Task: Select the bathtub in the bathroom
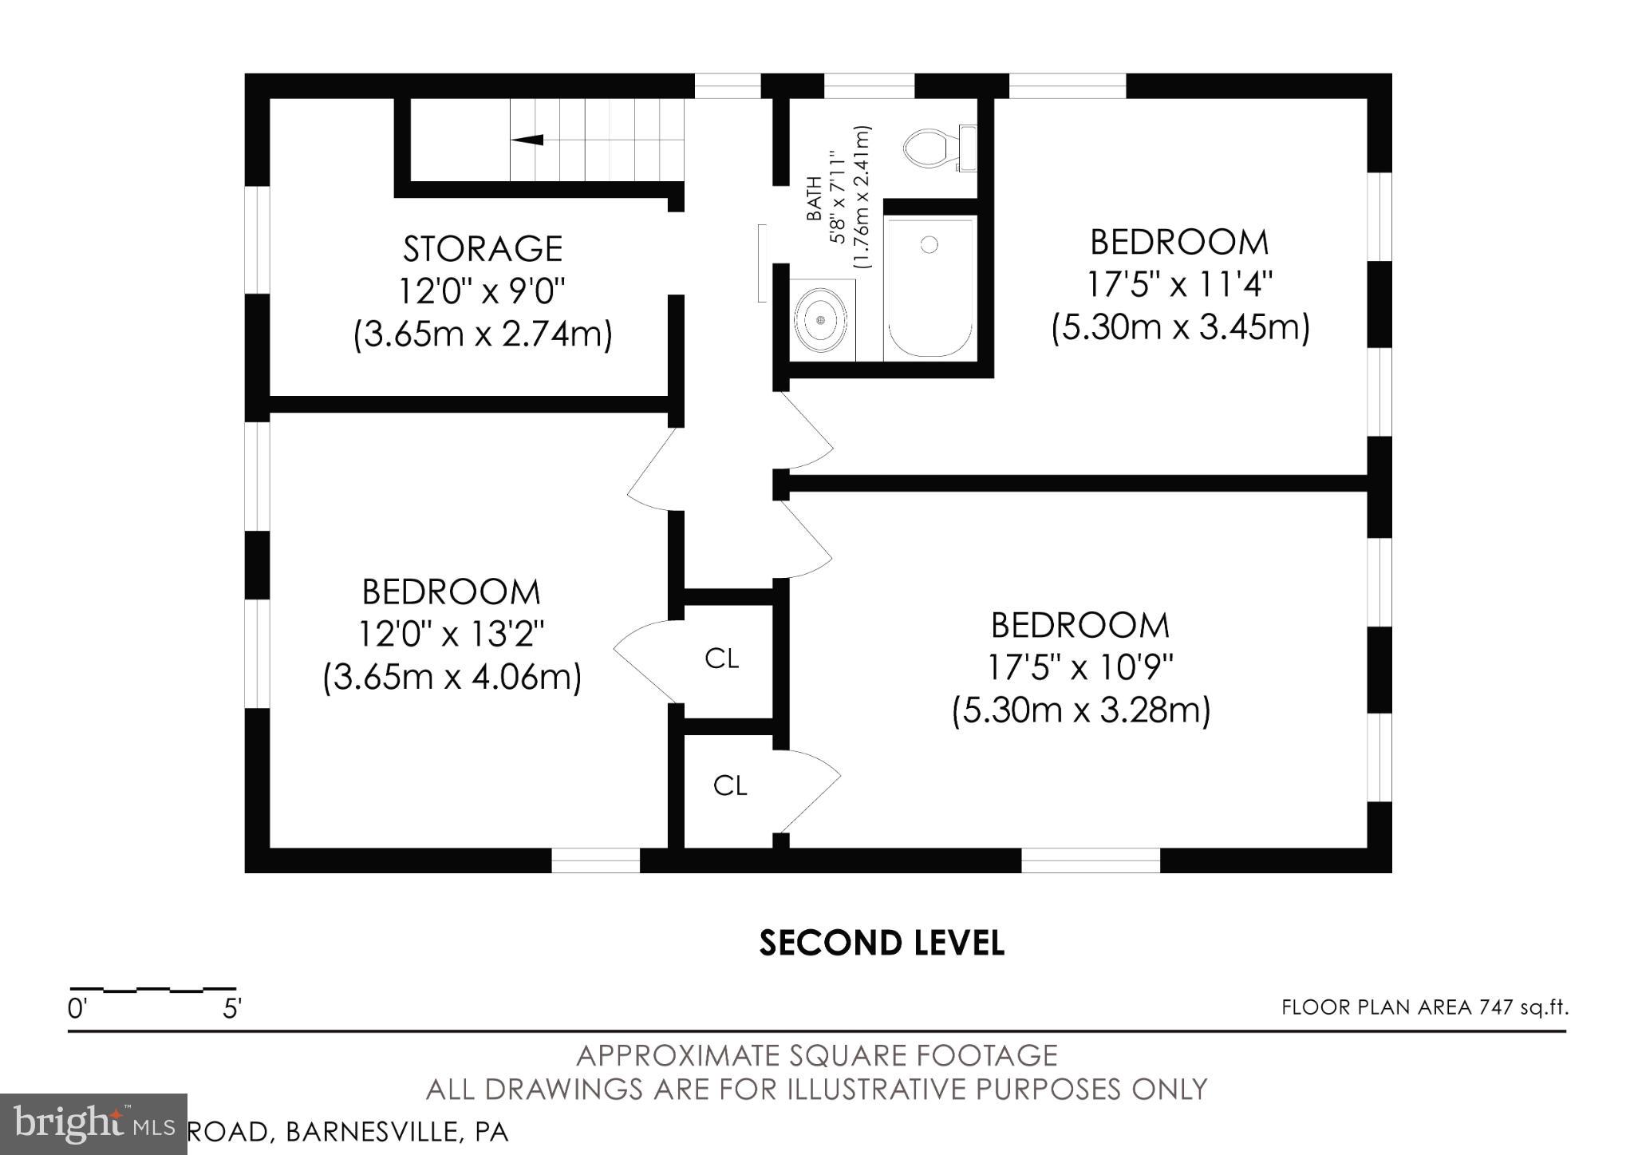click(x=929, y=287)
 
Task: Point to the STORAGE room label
click(x=483, y=249)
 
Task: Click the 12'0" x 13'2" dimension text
click(x=452, y=635)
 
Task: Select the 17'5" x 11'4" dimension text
click(x=1179, y=284)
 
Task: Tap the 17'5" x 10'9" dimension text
click(x=1079, y=667)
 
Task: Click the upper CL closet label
click(x=721, y=659)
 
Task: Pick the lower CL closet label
click(x=729, y=786)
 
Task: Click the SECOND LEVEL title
click(x=881, y=943)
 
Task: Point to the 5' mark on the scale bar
click(x=231, y=1010)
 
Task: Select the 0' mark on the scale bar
click(x=77, y=1010)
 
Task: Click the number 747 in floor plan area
click(x=1496, y=1008)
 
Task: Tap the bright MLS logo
click(x=93, y=1124)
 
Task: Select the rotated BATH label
click(x=815, y=199)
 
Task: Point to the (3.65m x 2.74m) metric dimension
click(x=483, y=334)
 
